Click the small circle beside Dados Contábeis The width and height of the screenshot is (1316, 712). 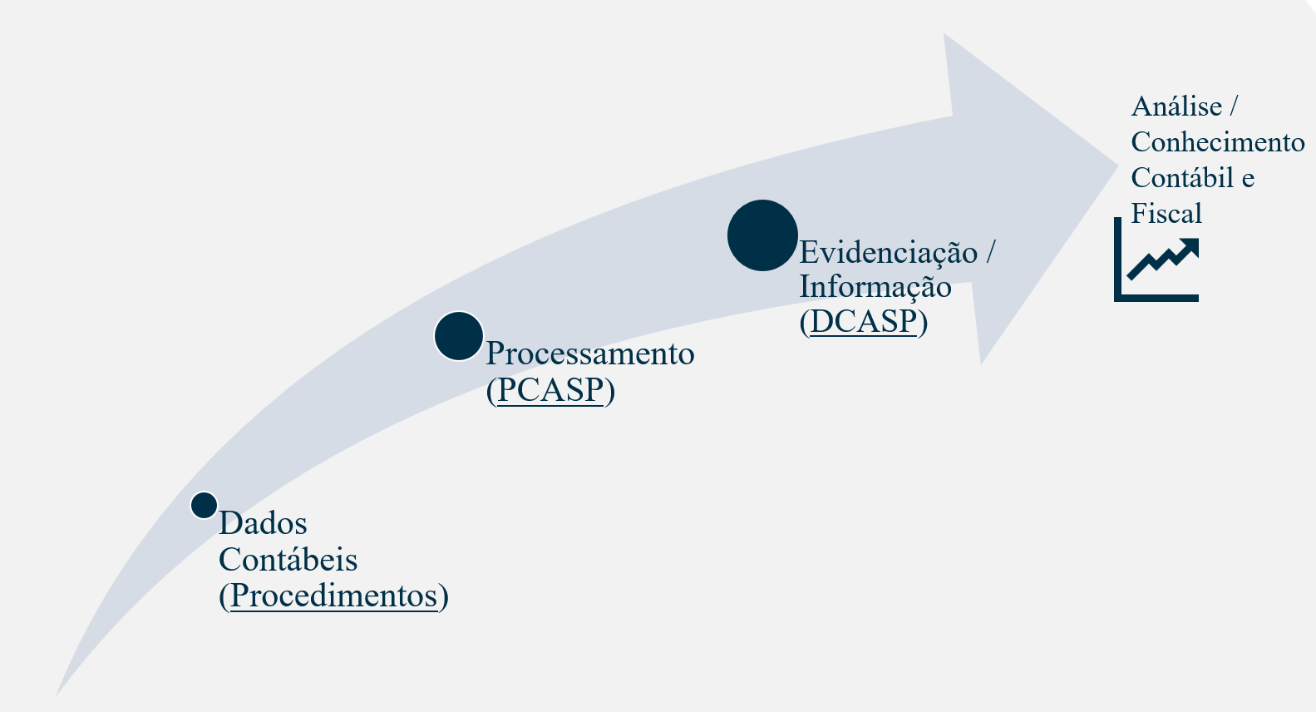[x=204, y=505]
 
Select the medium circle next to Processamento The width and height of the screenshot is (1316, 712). [x=459, y=336]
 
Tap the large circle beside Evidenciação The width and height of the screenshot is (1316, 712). [x=762, y=235]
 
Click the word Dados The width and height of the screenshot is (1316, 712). [x=263, y=523]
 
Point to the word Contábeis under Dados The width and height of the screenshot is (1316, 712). [x=288, y=560]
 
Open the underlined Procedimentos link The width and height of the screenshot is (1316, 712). [x=333, y=596]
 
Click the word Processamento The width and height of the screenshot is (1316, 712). [x=590, y=354]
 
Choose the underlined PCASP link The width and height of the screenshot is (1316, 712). [x=550, y=389]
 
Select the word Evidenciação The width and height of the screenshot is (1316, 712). [x=888, y=252]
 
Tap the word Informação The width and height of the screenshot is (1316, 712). [x=875, y=286]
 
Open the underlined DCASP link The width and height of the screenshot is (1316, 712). [x=864, y=321]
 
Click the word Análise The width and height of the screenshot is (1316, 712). [x=1176, y=106]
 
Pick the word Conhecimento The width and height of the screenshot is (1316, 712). [x=1218, y=142]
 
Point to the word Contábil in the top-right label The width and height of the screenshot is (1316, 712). [x=1183, y=178]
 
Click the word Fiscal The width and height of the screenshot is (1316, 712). [x=1166, y=214]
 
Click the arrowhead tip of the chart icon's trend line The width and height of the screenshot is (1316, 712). [x=1194, y=243]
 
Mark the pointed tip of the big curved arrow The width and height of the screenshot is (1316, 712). [x=1117, y=165]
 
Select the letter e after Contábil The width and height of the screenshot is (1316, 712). [x=1248, y=179]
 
